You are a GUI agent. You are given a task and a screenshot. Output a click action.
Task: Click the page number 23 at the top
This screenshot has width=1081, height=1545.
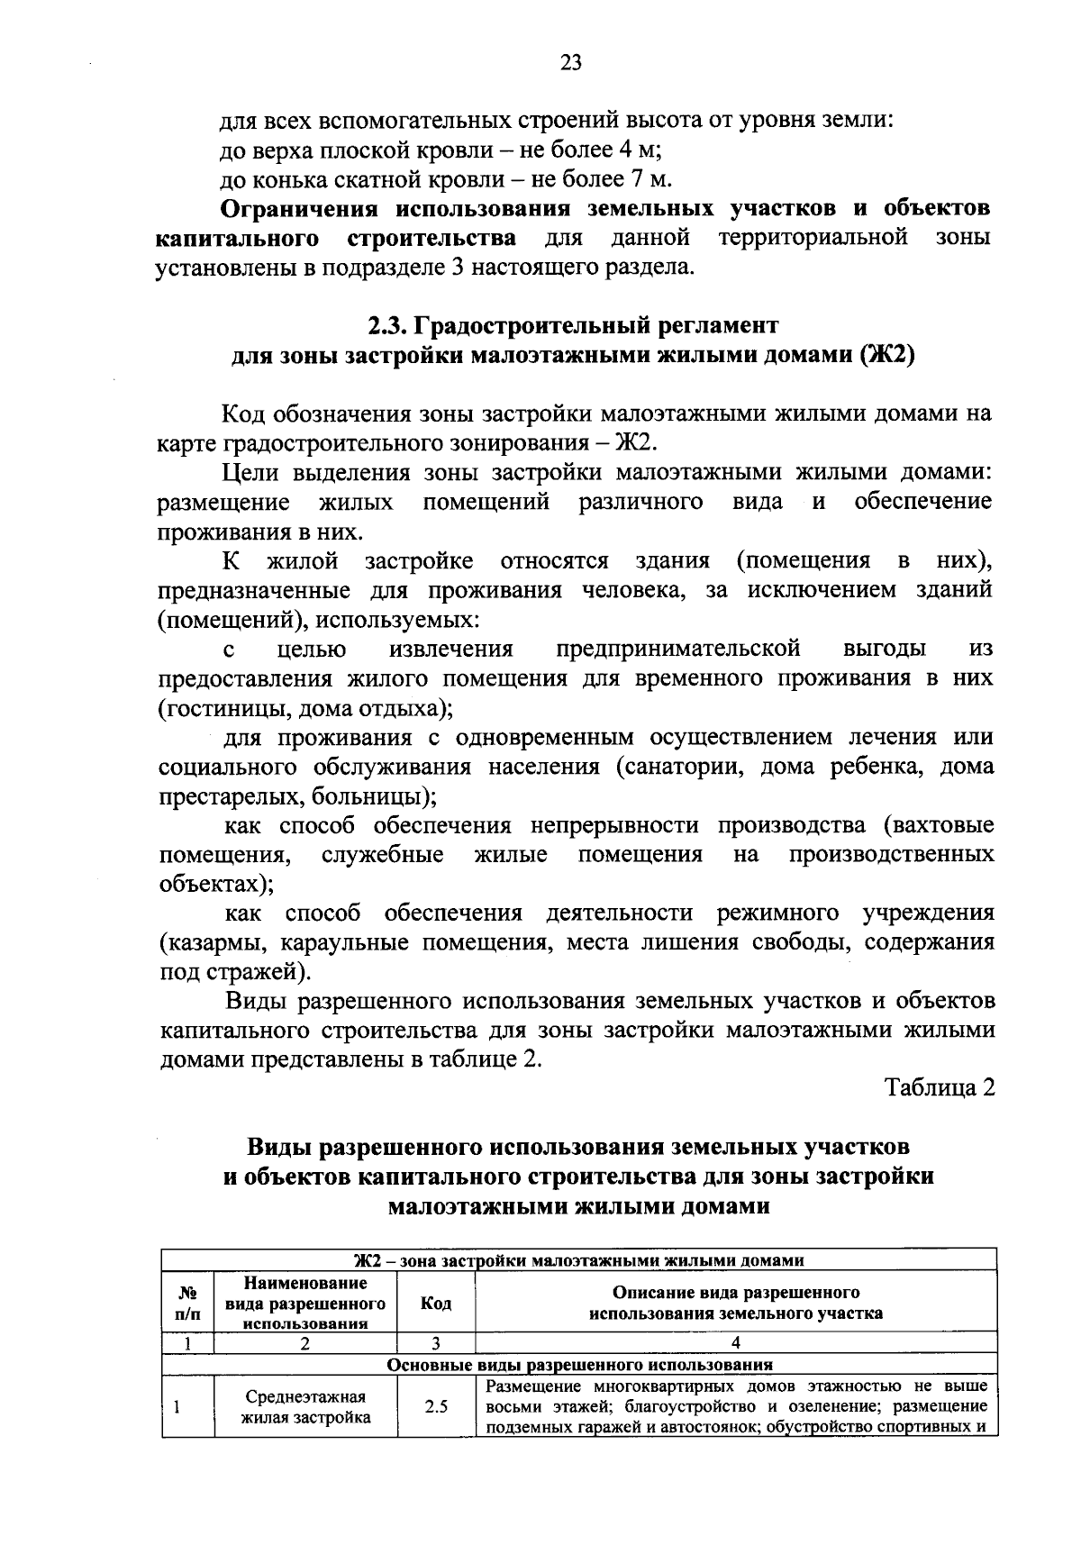571,61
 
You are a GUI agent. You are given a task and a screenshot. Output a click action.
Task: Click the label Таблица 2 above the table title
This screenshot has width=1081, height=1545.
940,1087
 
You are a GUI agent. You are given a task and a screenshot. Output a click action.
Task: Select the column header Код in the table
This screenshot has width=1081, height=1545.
436,1304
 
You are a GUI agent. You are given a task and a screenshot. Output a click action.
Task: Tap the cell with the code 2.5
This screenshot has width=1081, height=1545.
436,1405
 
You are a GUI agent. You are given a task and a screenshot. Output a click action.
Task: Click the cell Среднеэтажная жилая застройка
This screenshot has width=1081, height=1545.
305,1405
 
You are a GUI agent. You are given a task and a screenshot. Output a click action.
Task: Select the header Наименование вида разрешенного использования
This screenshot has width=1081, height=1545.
305,1303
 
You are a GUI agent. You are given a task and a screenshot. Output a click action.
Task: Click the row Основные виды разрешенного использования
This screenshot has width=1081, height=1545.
579,1364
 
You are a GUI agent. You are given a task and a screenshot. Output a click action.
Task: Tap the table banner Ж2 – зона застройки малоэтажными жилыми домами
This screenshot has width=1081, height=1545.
579,1259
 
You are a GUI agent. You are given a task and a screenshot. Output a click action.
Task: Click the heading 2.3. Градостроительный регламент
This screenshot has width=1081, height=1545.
572,323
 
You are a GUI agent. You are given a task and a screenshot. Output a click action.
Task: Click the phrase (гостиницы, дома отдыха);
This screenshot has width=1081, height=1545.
305,708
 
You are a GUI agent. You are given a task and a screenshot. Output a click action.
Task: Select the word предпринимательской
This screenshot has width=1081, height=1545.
678,649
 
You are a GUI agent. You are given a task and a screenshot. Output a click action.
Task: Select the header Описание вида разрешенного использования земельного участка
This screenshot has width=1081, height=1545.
735,1304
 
